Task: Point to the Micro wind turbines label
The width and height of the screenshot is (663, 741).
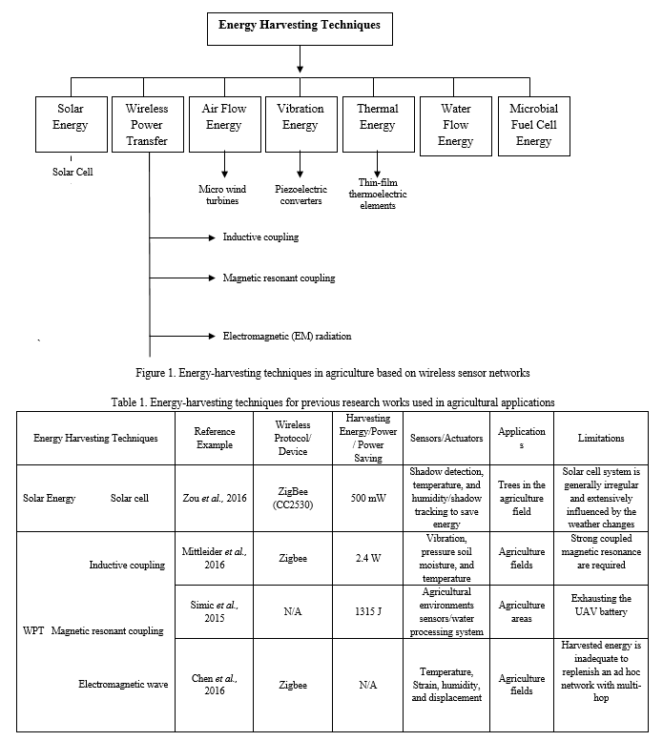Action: pos(222,195)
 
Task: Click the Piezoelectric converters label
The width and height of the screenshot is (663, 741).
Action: pos(301,195)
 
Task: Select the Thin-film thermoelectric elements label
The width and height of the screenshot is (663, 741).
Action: pos(378,194)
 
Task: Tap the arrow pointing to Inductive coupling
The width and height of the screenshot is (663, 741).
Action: pos(182,237)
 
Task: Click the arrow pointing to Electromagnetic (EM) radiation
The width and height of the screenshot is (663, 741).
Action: pos(182,336)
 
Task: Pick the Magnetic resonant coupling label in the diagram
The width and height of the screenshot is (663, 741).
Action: pos(279,278)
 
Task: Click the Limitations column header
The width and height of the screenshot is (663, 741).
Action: pos(601,438)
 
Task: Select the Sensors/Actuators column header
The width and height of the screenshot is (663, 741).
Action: pos(446,438)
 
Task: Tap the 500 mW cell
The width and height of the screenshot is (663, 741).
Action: pos(368,498)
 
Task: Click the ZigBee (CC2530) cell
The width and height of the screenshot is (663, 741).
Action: pos(293,498)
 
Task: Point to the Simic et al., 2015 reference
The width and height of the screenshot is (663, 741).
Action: pos(214,611)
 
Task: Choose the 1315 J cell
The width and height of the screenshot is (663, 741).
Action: pos(368,611)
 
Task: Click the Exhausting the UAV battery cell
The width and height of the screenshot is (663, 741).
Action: pos(601,605)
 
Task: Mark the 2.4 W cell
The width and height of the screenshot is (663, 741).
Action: pos(368,558)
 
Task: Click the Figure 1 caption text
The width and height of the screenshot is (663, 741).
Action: pos(333,373)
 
